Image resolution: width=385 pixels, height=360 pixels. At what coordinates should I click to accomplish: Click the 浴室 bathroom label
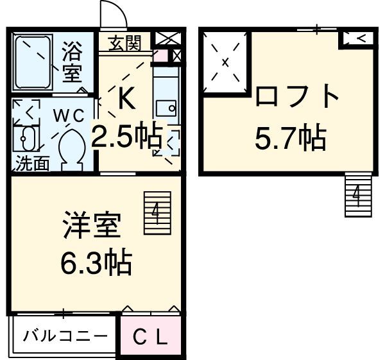pos(73,62)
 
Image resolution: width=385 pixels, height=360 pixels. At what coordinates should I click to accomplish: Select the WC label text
pos(69,116)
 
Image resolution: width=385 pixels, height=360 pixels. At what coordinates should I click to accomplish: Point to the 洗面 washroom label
pos(32,164)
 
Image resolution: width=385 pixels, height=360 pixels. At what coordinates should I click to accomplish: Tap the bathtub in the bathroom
pos(33,62)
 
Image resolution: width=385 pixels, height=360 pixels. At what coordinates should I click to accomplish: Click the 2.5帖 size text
pos(126,137)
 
